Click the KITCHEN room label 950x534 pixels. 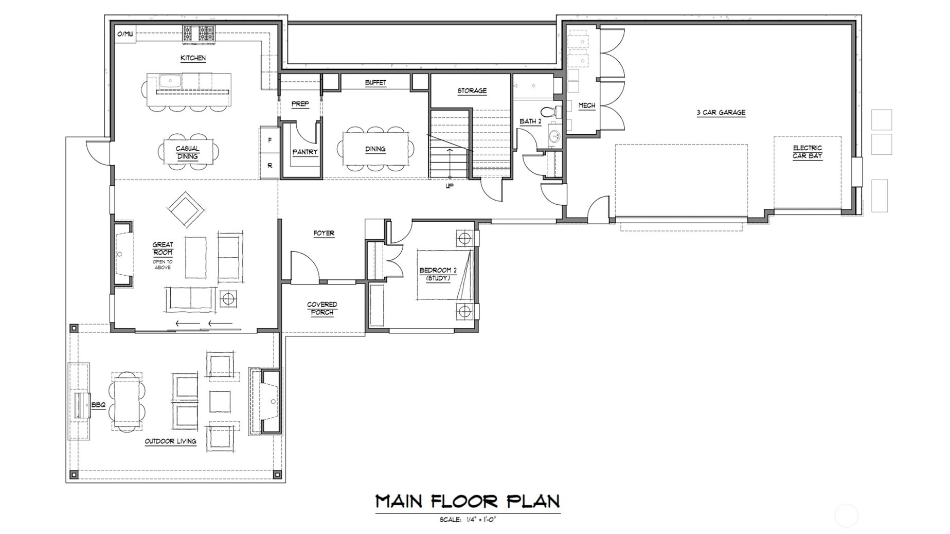pos(193,58)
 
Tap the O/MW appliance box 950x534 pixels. pos(125,34)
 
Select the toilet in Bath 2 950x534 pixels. pos(548,112)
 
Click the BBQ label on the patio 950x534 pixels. pos(98,405)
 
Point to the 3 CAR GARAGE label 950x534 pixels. pos(721,112)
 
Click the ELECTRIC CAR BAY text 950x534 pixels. pos(807,152)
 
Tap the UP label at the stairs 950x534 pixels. pos(450,186)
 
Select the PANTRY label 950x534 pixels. pos(305,152)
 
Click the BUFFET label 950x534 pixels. pos(375,82)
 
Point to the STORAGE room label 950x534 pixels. pos(472,91)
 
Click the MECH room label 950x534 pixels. pos(586,105)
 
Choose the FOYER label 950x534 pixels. pos(324,233)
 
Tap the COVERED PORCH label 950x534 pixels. pos(322,308)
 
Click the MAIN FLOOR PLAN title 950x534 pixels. pos(467,501)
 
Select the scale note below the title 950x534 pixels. pos(467,520)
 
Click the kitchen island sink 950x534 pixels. pos(169,81)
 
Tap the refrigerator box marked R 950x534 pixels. pos(270,166)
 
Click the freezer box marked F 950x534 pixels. pos(270,140)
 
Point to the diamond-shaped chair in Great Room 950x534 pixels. pos(186,209)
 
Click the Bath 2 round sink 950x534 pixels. pos(554,136)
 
